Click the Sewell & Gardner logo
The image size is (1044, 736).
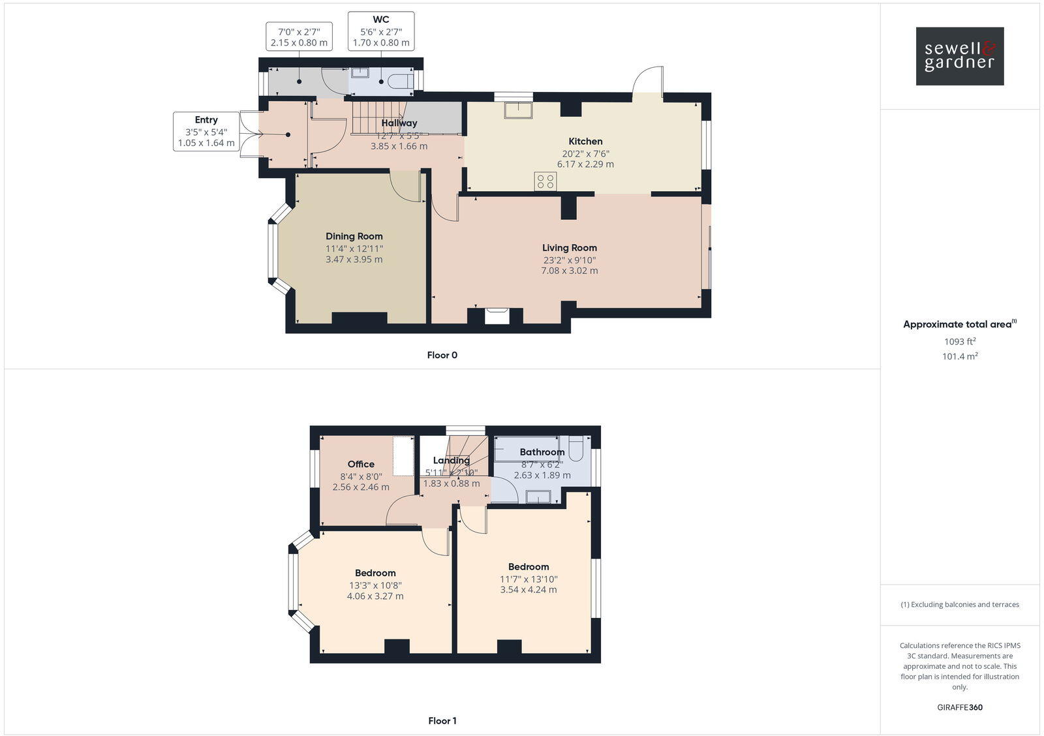pyautogui.click(x=959, y=56)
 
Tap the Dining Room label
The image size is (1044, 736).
pyautogui.click(x=354, y=236)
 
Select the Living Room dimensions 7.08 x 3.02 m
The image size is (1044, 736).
pyautogui.click(x=569, y=270)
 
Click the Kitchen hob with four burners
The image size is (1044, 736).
pyautogui.click(x=545, y=181)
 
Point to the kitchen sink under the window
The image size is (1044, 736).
pyautogui.click(x=518, y=110)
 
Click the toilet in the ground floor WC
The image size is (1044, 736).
pyautogui.click(x=400, y=82)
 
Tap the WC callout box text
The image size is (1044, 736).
pyautogui.click(x=381, y=31)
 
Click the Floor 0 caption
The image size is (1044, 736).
pyautogui.click(x=442, y=355)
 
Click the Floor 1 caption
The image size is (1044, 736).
pyautogui.click(x=442, y=720)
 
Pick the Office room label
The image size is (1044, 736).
pyautogui.click(x=361, y=464)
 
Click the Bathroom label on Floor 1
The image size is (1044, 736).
pyautogui.click(x=542, y=452)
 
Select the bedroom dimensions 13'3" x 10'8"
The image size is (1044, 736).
pyautogui.click(x=375, y=585)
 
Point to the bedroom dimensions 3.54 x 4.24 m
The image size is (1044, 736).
pyautogui.click(x=529, y=589)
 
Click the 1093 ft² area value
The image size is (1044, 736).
pyautogui.click(x=960, y=341)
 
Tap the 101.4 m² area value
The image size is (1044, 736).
pyautogui.click(x=960, y=356)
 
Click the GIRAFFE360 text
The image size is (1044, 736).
pyautogui.click(x=960, y=707)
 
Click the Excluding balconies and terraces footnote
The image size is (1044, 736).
pyautogui.click(x=960, y=604)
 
